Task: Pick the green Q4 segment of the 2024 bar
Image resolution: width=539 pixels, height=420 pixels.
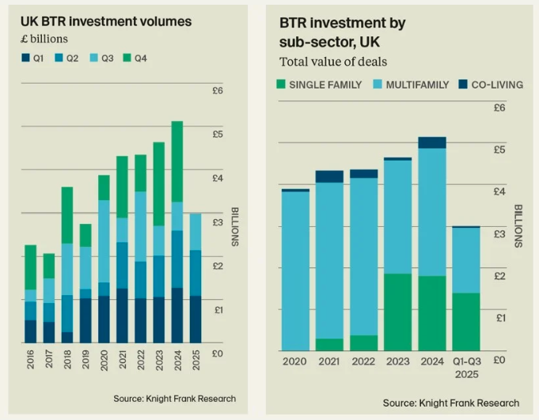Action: [x=177, y=161]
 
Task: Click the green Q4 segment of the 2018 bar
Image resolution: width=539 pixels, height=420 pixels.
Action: [x=67, y=215]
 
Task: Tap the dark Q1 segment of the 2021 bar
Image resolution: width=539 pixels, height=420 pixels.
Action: [x=122, y=316]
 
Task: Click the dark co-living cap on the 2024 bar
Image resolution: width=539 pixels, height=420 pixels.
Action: [x=432, y=142]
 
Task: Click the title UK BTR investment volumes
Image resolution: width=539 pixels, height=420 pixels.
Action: [x=105, y=21]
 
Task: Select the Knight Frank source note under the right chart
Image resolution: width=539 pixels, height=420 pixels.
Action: [x=451, y=403]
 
